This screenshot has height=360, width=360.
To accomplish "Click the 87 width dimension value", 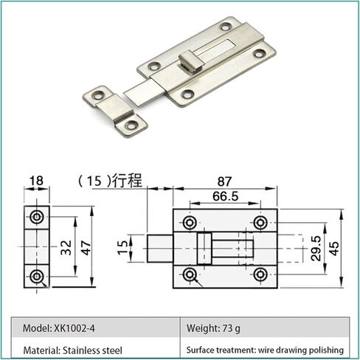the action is click(224, 181).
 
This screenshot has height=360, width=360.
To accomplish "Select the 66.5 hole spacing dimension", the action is click(226, 196).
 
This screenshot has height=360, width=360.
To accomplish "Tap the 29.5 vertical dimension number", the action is click(316, 249).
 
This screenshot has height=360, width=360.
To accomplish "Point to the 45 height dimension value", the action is click(334, 249).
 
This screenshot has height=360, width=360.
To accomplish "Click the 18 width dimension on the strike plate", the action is click(36, 181).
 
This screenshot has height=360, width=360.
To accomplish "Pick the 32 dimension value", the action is click(66, 247).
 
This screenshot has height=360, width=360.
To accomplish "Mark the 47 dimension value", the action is click(86, 248).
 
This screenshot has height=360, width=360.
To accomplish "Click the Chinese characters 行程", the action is click(128, 181).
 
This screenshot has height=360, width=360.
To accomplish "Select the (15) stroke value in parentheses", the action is click(94, 181).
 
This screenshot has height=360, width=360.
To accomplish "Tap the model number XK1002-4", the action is click(75, 328).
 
